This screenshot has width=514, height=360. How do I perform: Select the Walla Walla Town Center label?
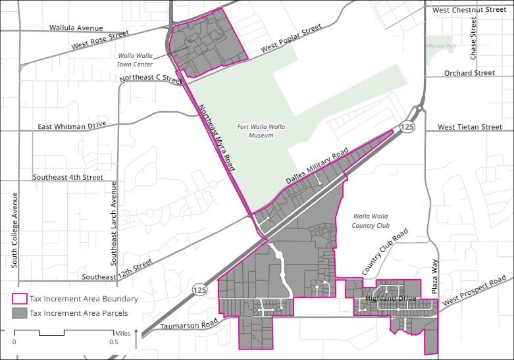pos(136,61)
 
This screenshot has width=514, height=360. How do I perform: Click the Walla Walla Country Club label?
pos(371,220)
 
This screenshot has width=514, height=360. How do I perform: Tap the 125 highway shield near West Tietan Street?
pos(408,127)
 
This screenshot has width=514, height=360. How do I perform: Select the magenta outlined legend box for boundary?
pos(20,299)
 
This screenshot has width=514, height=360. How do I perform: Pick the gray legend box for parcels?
pos(20,313)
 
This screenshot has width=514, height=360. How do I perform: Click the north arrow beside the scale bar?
pos(136,338)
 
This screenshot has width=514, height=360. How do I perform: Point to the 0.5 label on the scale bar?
pos(114,342)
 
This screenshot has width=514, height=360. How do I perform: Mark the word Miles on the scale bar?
pos(122,334)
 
